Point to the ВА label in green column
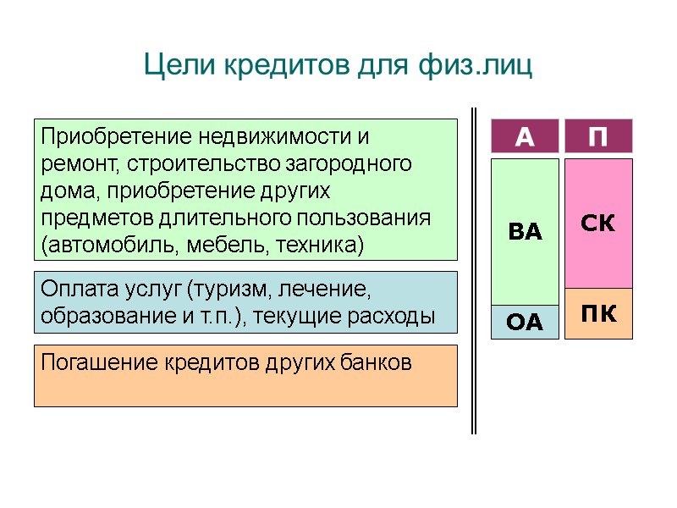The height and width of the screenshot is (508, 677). pyautogui.click(x=525, y=231)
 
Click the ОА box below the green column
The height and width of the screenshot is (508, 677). pyautogui.click(x=525, y=322)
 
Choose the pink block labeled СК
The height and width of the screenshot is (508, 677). pyautogui.click(x=598, y=224)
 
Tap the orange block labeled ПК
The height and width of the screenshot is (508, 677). pyautogui.click(x=598, y=314)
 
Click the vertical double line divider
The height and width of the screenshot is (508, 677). pyautogui.click(x=474, y=271)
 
